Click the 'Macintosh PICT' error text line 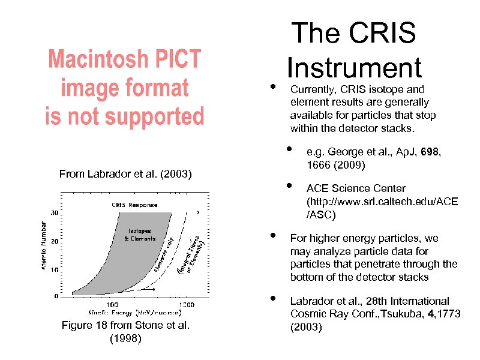(125, 60)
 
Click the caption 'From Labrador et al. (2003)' (125, 175)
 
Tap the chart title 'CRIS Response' (134, 205)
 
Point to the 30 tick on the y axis (54, 212)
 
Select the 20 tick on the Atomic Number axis (54, 242)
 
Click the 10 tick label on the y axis (54, 269)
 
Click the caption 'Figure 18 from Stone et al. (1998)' (125, 332)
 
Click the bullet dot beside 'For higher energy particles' (272, 235)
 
